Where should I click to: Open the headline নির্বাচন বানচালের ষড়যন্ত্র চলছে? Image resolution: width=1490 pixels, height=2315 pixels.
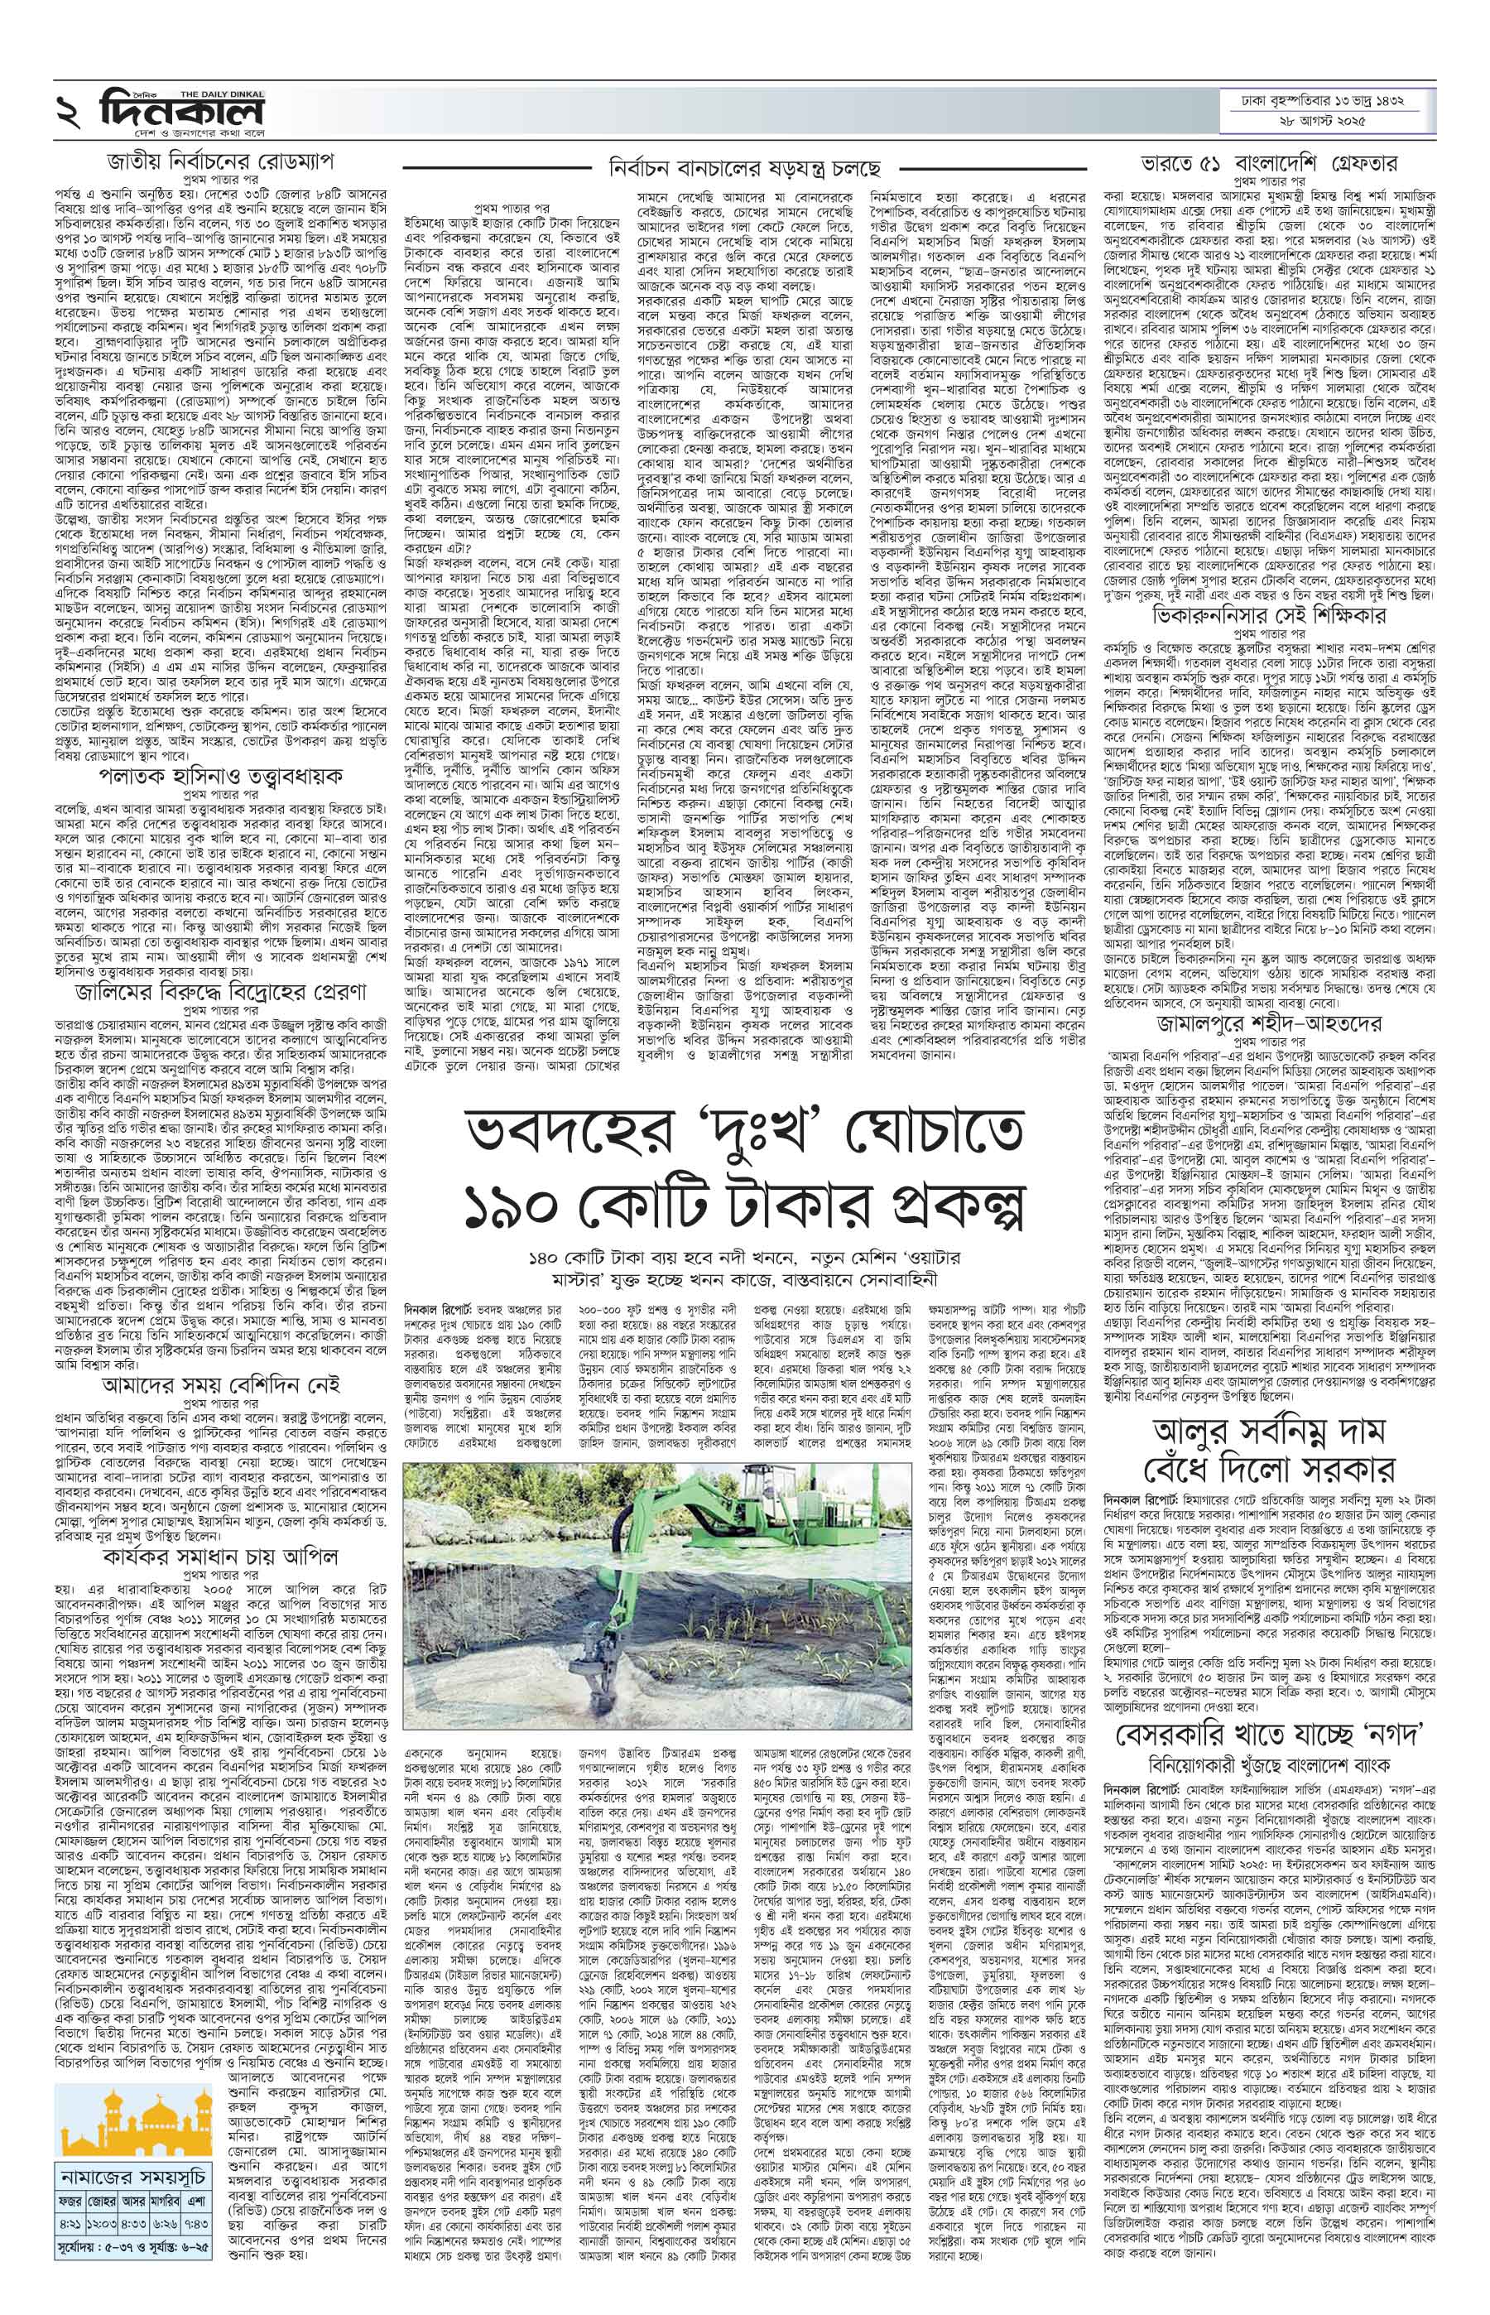(745, 167)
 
